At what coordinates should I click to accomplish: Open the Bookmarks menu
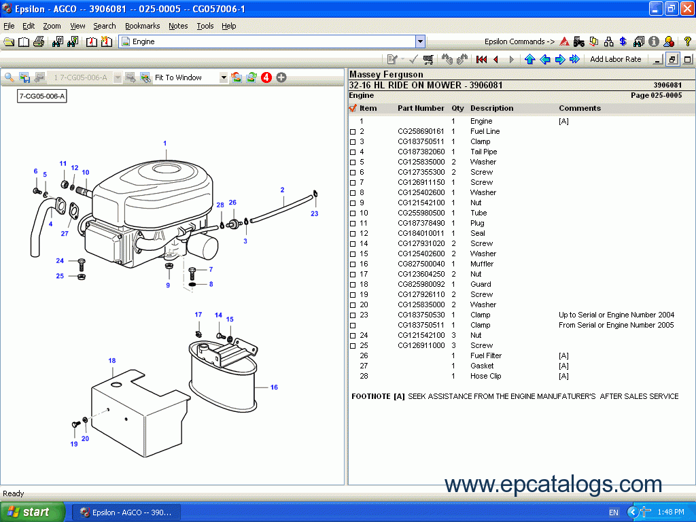142,26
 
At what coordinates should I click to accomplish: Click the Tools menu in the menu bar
205,26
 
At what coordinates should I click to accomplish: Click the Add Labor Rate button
615,59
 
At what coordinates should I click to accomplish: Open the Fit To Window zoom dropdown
224,77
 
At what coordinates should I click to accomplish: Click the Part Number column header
421,108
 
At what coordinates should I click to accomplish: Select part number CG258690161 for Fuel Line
421,131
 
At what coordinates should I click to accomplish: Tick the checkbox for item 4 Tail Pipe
353,152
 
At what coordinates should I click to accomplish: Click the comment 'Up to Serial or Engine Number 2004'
616,315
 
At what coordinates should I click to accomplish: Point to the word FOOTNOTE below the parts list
370,396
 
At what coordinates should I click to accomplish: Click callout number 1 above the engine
164,143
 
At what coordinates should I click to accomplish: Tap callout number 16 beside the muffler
274,387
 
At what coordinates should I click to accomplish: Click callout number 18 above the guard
112,360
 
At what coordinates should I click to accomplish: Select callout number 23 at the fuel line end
314,213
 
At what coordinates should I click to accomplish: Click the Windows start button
33,512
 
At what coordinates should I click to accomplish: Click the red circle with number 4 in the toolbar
266,77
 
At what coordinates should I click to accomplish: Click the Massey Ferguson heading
386,74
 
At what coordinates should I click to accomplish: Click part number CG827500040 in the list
421,264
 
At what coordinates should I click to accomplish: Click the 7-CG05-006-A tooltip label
42,97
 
